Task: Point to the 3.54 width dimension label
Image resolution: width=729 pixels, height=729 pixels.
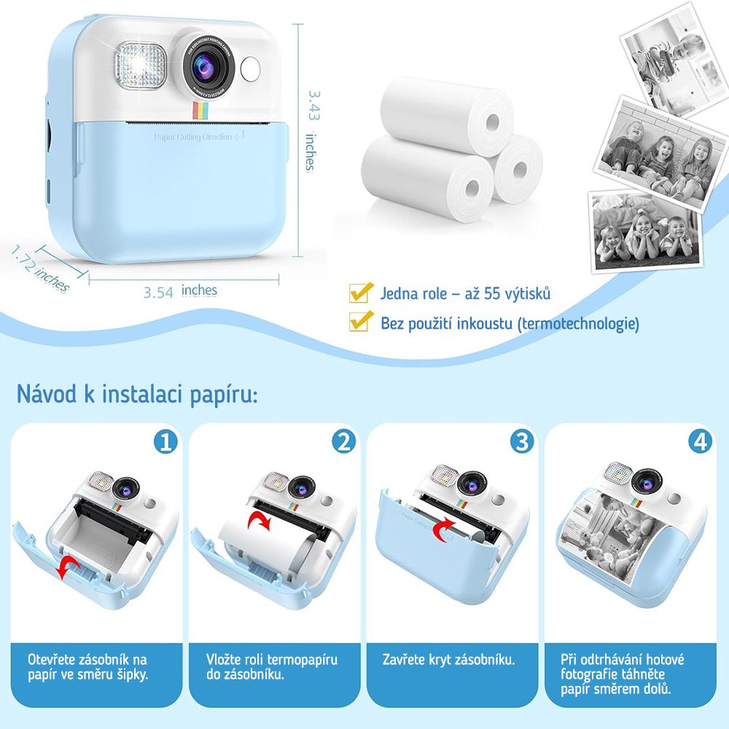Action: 158,292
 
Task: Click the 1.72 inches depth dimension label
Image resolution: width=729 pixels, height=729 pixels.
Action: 40,268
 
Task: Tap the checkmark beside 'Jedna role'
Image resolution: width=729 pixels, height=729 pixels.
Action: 359,293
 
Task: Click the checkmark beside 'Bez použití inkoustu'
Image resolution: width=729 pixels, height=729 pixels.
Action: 359,321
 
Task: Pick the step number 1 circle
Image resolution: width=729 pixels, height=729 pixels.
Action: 165,442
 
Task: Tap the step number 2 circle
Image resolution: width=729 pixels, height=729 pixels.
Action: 343,442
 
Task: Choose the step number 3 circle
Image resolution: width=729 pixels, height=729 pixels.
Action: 522,442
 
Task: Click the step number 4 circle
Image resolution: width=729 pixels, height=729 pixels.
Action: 700,442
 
